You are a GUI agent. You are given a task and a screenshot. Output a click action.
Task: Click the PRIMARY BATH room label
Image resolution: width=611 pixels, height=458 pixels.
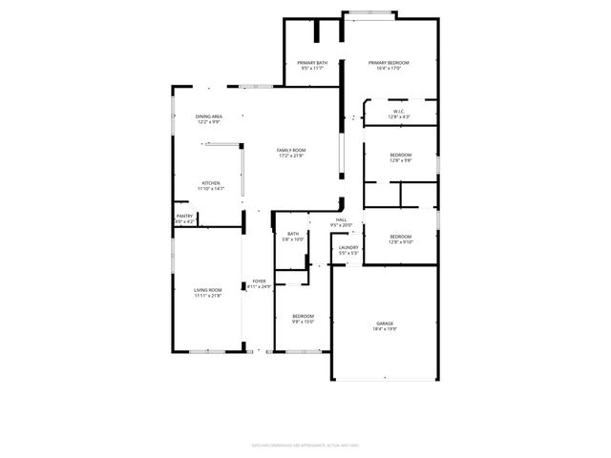[311, 63]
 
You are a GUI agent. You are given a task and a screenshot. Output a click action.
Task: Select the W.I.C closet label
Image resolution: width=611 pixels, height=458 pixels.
[398, 112]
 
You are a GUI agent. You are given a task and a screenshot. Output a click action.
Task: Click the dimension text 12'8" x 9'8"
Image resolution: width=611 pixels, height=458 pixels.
[400, 160]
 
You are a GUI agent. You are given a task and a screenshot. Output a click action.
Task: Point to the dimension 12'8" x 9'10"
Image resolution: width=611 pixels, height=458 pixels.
[400, 241]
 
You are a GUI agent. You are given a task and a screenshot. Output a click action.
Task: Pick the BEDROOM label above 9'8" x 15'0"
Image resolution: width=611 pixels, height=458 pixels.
[304, 316]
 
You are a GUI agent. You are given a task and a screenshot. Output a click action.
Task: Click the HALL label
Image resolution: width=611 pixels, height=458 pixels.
[341, 220]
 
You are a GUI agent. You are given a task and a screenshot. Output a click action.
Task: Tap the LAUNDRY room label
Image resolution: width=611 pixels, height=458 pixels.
[348, 248]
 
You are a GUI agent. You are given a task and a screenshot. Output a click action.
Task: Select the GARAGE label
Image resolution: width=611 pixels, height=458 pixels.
[385, 323]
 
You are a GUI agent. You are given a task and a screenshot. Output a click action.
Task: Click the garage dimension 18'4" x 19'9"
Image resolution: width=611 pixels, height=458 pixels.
[385, 329]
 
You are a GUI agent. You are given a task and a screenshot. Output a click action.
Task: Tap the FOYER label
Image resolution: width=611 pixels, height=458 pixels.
[260, 281]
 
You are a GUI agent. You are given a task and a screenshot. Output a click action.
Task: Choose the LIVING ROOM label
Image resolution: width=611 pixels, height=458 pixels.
[208, 290]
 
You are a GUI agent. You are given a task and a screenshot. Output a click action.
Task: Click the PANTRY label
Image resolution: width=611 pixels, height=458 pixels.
[185, 217]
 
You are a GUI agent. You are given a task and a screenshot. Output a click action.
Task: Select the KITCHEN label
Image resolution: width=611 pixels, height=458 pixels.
[210, 183]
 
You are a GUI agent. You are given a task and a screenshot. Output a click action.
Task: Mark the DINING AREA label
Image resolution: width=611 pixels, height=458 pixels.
[209, 116]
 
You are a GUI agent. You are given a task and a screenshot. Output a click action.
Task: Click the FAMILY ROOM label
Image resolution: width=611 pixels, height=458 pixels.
[291, 151]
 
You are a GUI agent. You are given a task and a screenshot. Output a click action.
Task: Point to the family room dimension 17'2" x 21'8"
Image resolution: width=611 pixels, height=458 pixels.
[291, 156]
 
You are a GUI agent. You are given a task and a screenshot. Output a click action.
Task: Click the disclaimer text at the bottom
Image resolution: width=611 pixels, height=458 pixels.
[305, 417]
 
